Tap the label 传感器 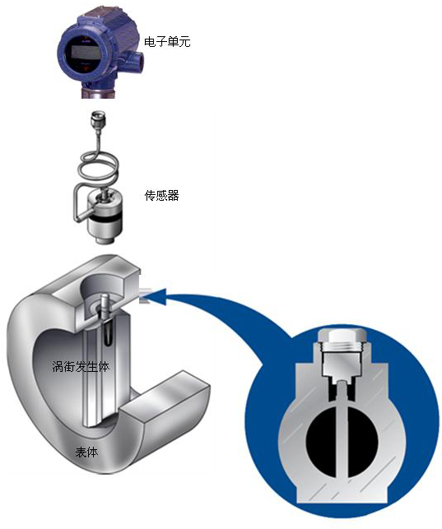coord(162,195)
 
